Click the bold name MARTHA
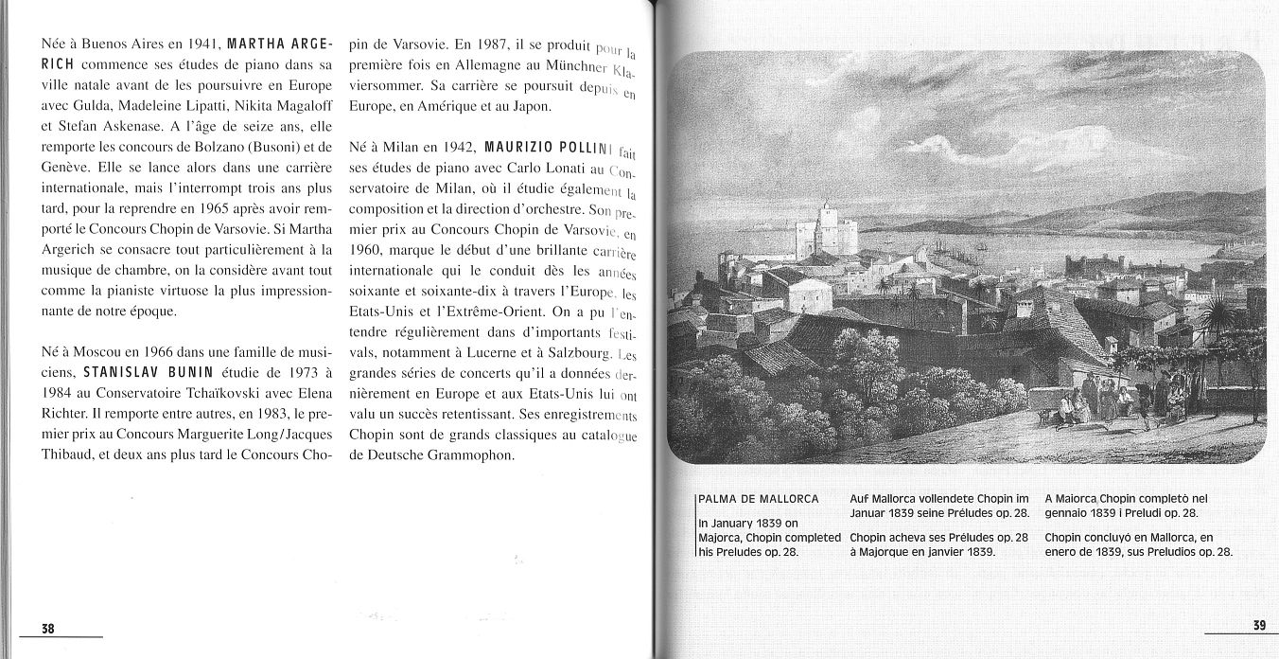pos(256,44)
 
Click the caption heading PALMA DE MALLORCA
pos(758,499)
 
